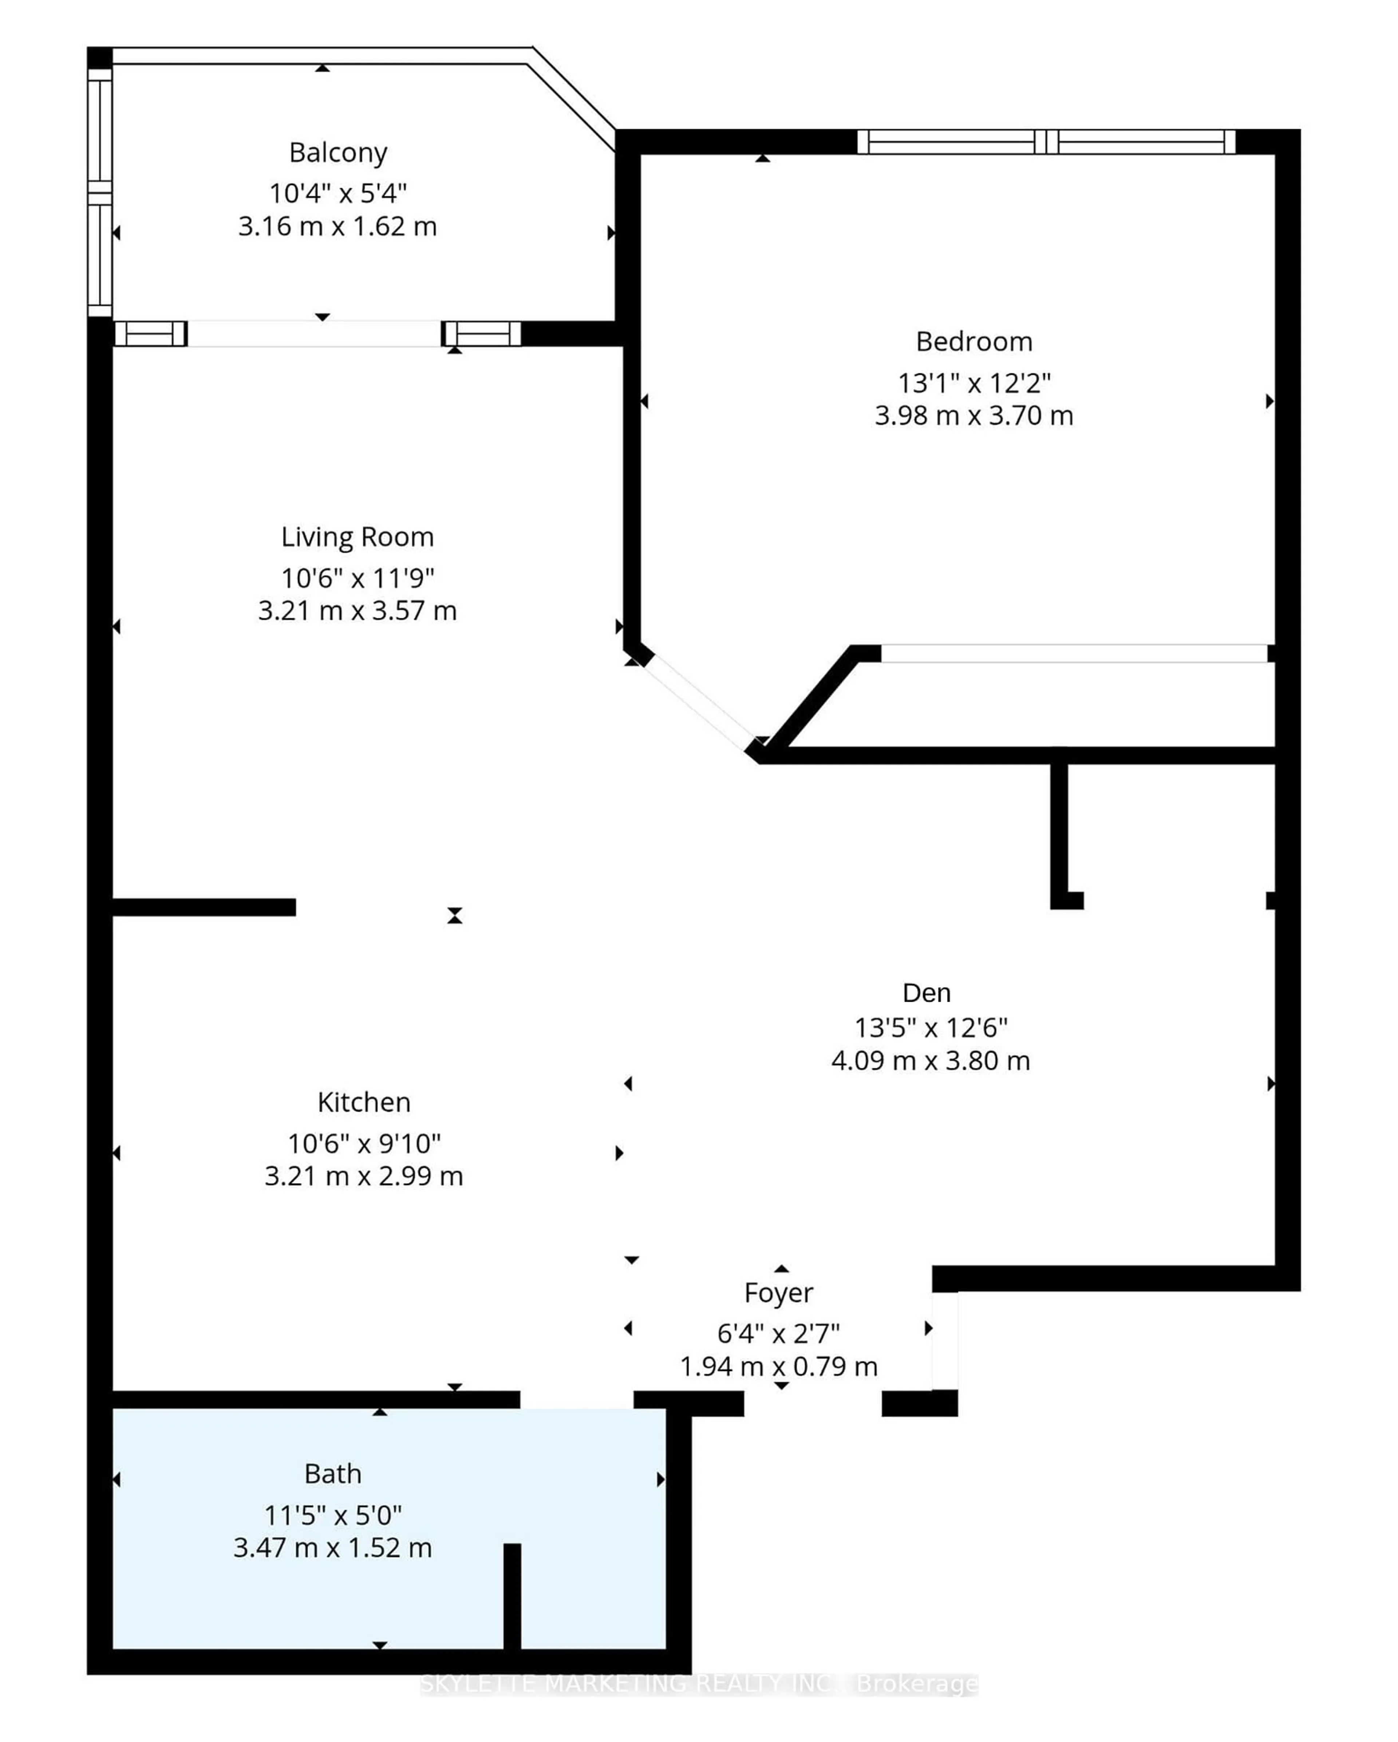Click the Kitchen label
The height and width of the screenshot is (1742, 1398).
(x=363, y=1102)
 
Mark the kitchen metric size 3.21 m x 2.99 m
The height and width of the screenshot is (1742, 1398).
(x=363, y=1177)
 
